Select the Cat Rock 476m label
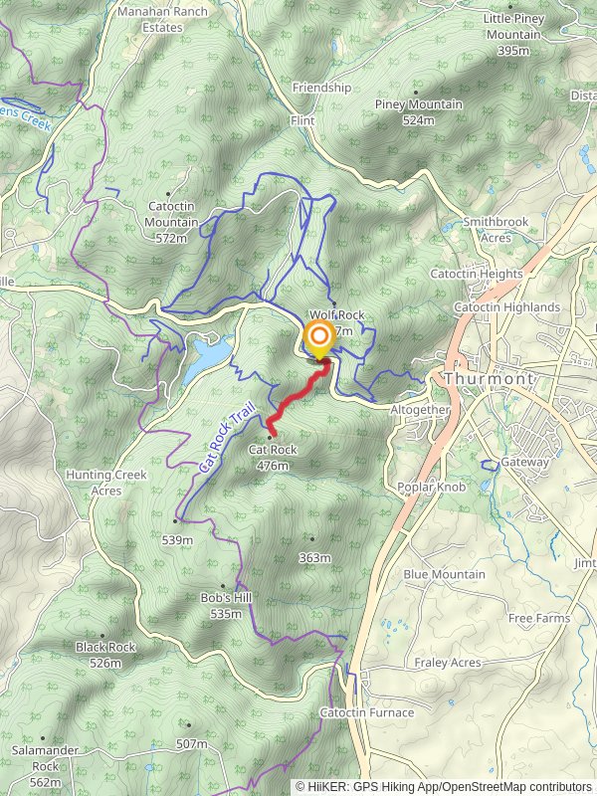coord(272,457)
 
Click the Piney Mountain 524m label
coord(419,111)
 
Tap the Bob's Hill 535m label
coord(220,606)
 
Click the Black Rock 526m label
coord(105,654)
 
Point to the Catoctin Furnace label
coord(367,712)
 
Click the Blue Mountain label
coord(444,574)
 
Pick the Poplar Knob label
coord(431,487)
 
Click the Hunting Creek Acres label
coord(105,483)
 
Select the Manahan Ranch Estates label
coord(150,20)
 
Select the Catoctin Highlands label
coord(506,307)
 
